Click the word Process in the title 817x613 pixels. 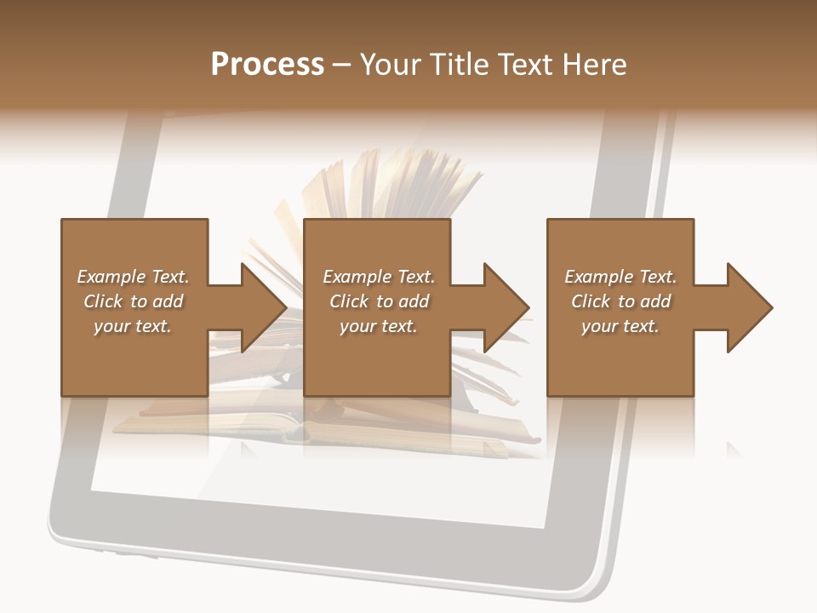tap(267, 65)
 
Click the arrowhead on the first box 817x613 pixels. tap(260, 307)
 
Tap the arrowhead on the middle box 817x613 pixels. tap(503, 307)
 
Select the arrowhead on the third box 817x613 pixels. tap(746, 307)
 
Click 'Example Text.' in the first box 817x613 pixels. tap(133, 277)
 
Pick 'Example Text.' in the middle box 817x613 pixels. tap(379, 277)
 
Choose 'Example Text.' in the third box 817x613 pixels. tap(620, 277)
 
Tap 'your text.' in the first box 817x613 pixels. tap(133, 326)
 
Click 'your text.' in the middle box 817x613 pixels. tap(379, 326)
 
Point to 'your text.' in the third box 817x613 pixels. tap(620, 326)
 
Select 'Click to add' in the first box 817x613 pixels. tap(133, 301)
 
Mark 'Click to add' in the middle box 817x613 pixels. tap(379, 301)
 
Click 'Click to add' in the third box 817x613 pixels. tap(620, 301)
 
